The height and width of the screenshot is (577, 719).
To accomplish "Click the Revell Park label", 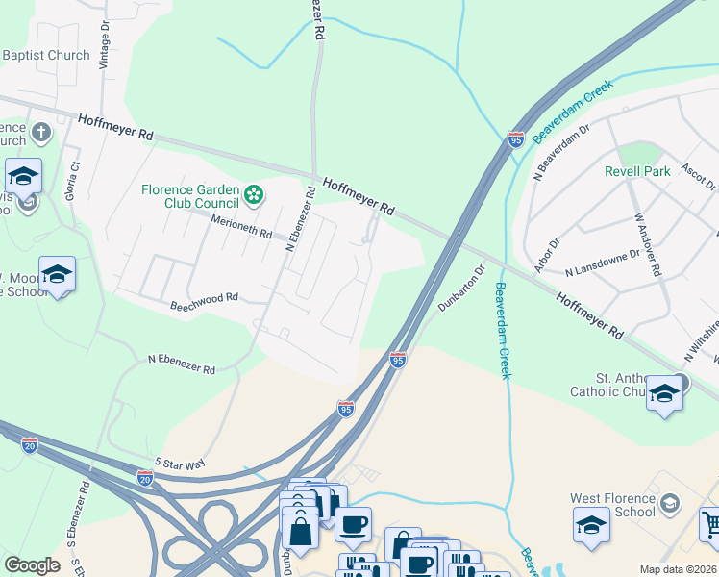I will point(637,172).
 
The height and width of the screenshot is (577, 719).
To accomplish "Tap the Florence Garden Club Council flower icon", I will point(254,196).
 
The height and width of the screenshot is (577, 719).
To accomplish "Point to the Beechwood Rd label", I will point(204,299).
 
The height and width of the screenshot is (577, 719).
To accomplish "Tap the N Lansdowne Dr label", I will point(603,264).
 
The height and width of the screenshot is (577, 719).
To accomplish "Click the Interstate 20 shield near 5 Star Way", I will point(145,477).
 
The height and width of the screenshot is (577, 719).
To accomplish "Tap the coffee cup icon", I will point(353,524).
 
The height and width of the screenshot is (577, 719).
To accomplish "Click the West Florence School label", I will point(613,505).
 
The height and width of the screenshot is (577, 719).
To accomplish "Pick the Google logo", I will point(32,565).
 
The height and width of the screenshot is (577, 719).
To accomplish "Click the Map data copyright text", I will point(677,569).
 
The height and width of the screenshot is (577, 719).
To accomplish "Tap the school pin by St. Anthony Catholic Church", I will point(664,394).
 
